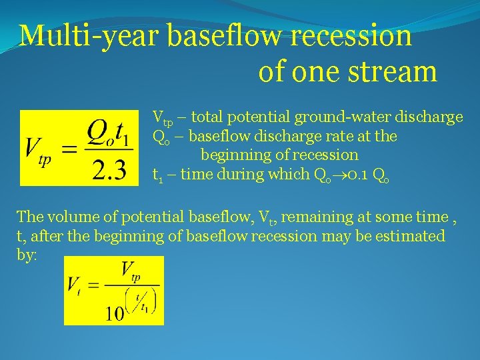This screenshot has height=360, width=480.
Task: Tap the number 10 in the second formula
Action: point(115,312)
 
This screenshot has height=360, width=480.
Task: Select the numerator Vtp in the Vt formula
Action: point(130,272)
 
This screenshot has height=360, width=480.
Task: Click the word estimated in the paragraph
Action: point(413,236)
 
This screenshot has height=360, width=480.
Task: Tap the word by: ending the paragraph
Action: point(27,255)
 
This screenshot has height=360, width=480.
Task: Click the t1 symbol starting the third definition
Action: point(158,175)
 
